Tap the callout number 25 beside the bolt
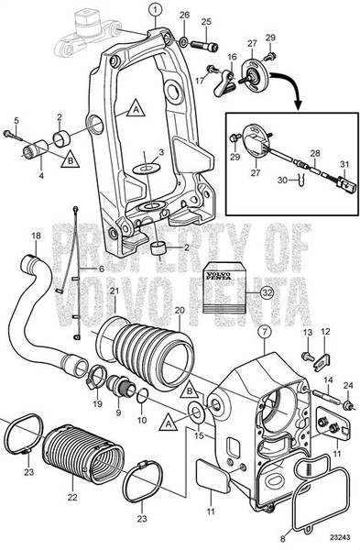[206, 21]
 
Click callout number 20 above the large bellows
[180, 311]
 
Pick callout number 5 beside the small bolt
[16, 120]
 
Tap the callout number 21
[115, 291]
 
